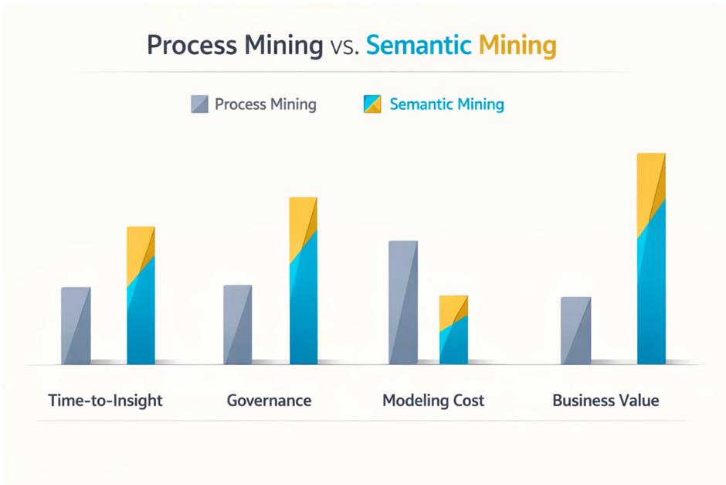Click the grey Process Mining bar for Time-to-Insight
pyautogui.click(x=76, y=326)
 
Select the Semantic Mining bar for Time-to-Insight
pyautogui.click(x=141, y=295)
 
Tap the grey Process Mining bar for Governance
pyautogui.click(x=237, y=325)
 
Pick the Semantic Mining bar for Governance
pyautogui.click(x=303, y=281)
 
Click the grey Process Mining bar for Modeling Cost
pyautogui.click(x=403, y=302)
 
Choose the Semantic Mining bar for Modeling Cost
pyautogui.click(x=453, y=330)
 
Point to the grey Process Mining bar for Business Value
pyautogui.click(x=576, y=330)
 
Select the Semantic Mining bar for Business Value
pyautogui.click(x=651, y=259)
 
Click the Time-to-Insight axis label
pyautogui.click(x=106, y=401)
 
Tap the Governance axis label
pyautogui.click(x=269, y=401)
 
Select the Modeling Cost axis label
pyautogui.click(x=433, y=401)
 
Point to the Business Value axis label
pyautogui.click(x=606, y=401)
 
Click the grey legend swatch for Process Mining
pyautogui.click(x=199, y=104)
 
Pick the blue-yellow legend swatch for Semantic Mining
pyautogui.click(x=372, y=104)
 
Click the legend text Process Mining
pyautogui.click(x=265, y=104)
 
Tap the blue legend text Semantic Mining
pyautogui.click(x=446, y=104)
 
